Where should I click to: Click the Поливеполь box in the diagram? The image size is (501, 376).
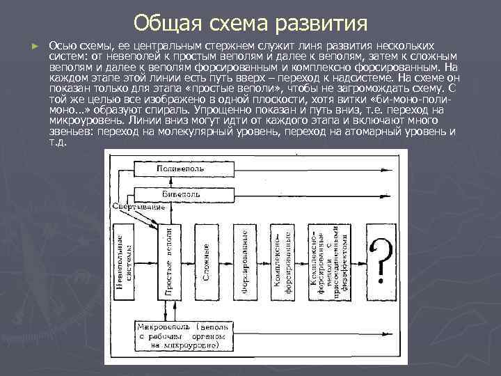pos(180,169)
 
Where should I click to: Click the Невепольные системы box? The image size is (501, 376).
pos(122,262)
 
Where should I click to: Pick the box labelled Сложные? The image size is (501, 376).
pos(207,262)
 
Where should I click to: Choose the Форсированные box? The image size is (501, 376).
pos(246,262)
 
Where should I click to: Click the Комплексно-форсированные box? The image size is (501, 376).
pos(288,262)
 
